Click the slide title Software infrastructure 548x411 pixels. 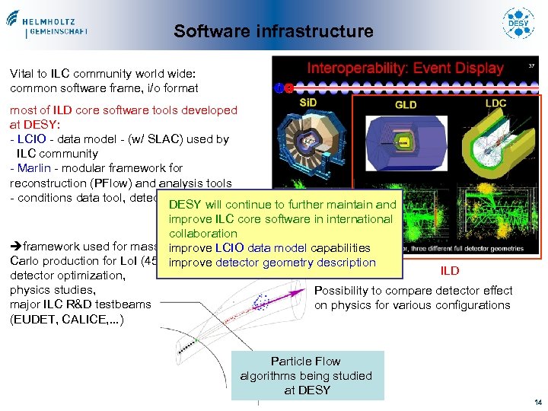tap(273, 31)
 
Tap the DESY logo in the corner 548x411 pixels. tap(518, 25)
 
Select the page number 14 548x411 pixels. tap(537, 402)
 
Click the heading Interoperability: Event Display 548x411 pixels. tap(405, 68)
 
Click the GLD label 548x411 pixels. tap(406, 104)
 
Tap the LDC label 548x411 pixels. tap(495, 103)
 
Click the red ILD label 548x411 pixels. tap(449, 270)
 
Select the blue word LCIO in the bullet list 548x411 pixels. tap(33, 139)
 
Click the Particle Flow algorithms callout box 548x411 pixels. tap(307, 375)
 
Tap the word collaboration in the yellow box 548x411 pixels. tap(203, 234)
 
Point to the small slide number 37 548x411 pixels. tap(532, 66)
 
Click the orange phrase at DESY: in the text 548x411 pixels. tap(30, 125)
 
